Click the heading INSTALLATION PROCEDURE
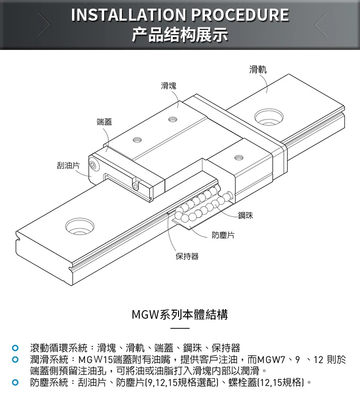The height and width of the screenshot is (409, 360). pyautogui.click(x=180, y=15)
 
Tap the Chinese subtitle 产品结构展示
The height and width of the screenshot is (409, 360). pyautogui.click(x=180, y=35)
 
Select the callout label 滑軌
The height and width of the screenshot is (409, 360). pyautogui.click(x=258, y=70)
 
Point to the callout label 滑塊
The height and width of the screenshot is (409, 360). pyautogui.click(x=168, y=86)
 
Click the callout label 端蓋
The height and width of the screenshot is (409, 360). pyautogui.click(x=104, y=121)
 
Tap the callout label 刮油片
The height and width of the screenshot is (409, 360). pyautogui.click(x=68, y=165)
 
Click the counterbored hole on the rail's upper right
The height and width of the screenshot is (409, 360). pyautogui.click(x=268, y=117)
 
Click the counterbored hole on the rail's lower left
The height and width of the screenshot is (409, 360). pyautogui.click(x=80, y=226)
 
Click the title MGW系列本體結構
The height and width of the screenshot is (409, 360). pyautogui.click(x=180, y=315)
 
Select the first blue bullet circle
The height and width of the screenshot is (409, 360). pyautogui.click(x=15, y=348)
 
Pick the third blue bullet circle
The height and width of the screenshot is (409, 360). pyautogui.click(x=15, y=383)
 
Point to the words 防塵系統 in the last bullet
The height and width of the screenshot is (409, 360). pyautogui.click(x=48, y=383)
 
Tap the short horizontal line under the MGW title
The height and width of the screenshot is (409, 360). pyautogui.click(x=180, y=328)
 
